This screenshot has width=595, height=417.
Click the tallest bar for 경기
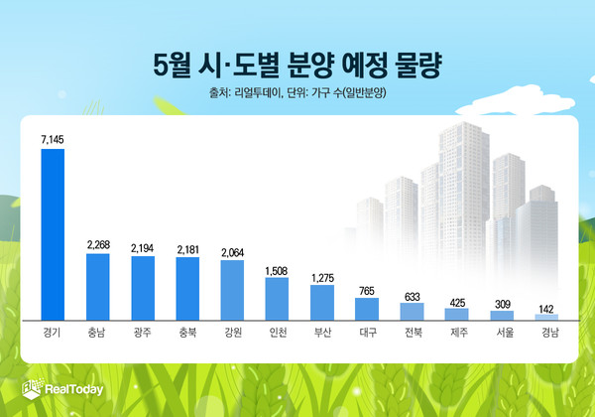pos(52,234)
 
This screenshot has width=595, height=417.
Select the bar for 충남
pos(97,286)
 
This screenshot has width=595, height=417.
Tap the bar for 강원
pos(232,289)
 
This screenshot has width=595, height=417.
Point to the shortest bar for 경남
pos(546,317)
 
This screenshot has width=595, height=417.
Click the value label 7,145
pos(52,141)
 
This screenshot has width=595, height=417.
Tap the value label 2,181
pos(187,248)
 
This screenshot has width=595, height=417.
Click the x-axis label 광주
pos(142,332)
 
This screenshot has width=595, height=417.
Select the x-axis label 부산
pos(322,332)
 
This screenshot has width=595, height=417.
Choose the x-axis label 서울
pos(502,332)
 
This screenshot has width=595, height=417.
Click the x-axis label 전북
pos(412,332)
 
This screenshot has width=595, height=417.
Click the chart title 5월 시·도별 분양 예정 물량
pos(297,67)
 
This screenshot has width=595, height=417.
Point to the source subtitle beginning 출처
pos(297,94)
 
